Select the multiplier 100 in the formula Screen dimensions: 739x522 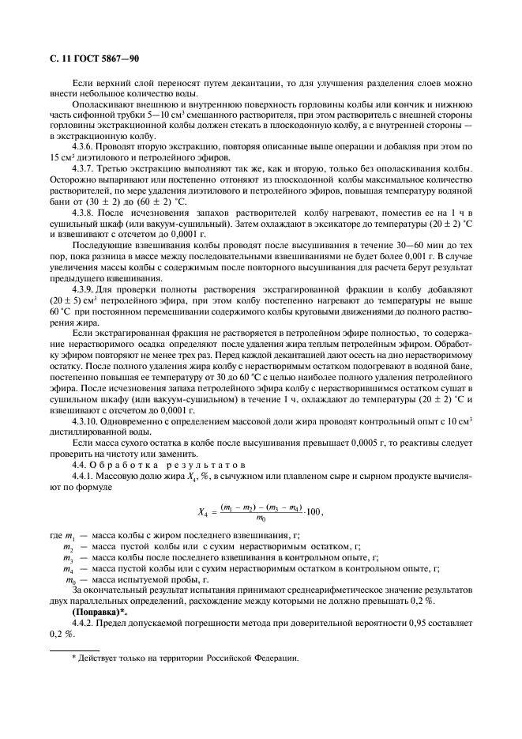314,511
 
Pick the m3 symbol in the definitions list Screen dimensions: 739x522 69,556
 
